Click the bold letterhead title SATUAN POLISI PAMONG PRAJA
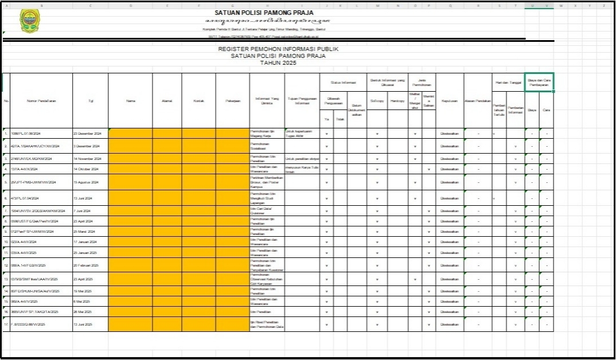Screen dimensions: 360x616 264,13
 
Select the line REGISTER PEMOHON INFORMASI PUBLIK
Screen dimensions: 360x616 278,49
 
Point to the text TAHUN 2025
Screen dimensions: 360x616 278,63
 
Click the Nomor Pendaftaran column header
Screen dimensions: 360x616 41,101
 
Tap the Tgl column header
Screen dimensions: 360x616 90,101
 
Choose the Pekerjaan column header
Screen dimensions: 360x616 233,101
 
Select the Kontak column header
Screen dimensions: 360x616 199,101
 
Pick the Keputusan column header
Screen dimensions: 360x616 449,101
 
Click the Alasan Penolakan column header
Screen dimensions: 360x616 478,101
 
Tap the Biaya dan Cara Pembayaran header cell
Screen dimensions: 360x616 539,81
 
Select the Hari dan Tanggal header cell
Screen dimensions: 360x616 508,83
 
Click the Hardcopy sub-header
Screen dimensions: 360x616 397,101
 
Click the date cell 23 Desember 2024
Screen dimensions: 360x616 87,133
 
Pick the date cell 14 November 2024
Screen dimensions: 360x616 87,158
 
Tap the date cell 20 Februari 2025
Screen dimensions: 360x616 87,265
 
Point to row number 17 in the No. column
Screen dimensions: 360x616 6,324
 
